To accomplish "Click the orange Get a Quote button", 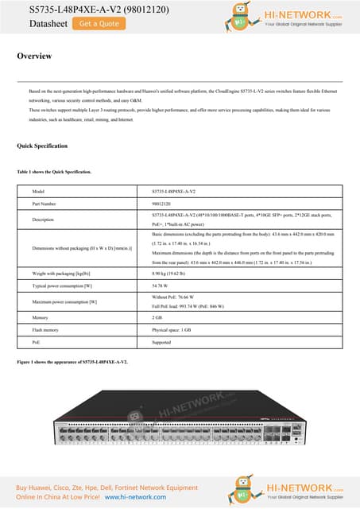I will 99,24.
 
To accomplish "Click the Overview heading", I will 35,56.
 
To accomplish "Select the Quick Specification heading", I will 42,146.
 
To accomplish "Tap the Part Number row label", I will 46,204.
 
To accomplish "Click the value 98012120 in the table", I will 162,204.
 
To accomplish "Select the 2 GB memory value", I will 157,317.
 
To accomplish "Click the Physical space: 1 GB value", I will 172,329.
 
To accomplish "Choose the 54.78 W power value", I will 161,285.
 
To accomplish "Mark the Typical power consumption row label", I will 62,285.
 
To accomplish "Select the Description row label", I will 43,220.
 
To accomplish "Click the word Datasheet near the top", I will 42,24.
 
